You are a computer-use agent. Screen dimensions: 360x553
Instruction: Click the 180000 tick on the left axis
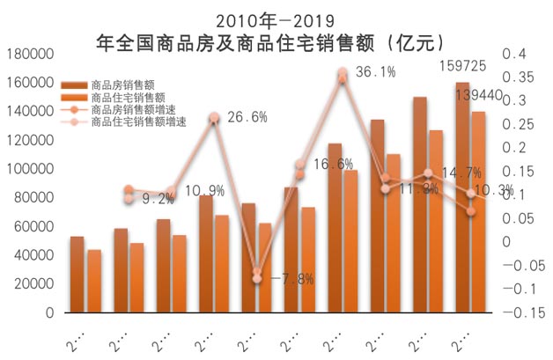click(x=29, y=54)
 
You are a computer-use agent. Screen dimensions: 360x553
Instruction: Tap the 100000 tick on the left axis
click(x=29, y=169)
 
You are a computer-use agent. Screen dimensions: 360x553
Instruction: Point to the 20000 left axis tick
click(x=33, y=283)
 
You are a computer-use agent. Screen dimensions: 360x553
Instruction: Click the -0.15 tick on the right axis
click(x=519, y=312)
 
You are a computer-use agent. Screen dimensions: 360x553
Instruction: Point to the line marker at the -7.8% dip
click(x=257, y=278)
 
